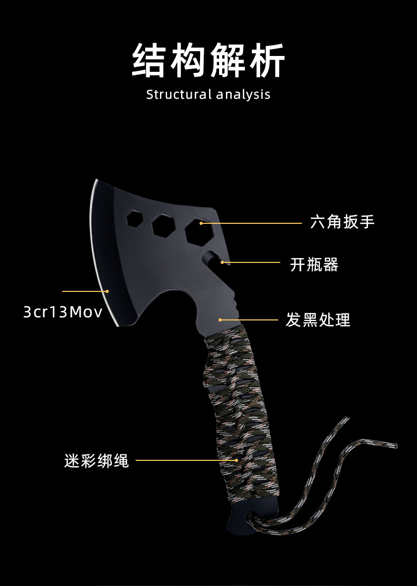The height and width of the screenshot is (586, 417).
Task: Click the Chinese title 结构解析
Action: point(208,61)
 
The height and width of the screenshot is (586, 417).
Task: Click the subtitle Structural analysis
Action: point(208,95)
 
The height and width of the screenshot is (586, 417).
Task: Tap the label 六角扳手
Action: point(342,222)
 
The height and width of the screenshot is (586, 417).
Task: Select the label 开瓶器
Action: point(314,264)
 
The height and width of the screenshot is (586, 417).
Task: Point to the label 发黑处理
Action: point(318,320)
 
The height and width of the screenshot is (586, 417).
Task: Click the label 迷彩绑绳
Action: point(97,460)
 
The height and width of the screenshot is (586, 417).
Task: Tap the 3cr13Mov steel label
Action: point(63,312)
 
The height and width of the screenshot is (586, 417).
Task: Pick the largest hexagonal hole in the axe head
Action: point(198,231)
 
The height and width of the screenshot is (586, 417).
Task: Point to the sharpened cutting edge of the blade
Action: point(99,248)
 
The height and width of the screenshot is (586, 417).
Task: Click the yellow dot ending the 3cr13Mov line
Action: point(107,291)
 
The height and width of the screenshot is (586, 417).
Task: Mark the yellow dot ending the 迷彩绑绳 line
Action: point(237,460)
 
